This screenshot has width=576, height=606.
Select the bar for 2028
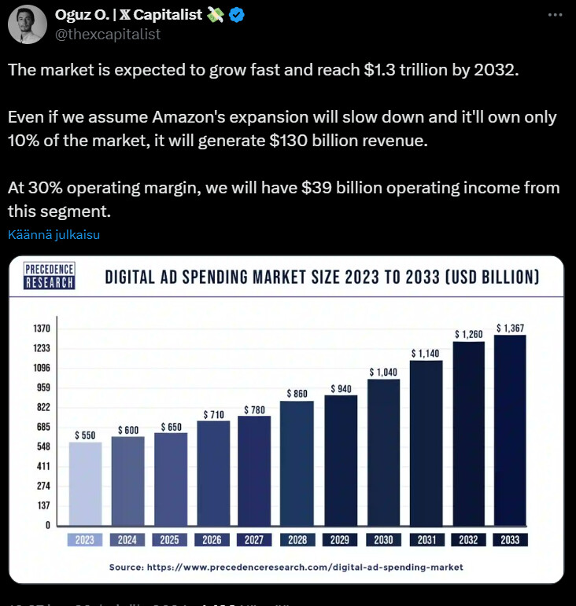click(297, 463)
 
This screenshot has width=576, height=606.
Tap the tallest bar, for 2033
click(510, 430)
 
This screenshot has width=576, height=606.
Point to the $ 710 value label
click(213, 414)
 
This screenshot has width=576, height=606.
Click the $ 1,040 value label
click(384, 372)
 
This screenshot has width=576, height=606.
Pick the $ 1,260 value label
click(467, 334)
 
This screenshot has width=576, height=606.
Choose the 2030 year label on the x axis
click(383, 540)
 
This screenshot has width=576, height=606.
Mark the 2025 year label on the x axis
click(170, 540)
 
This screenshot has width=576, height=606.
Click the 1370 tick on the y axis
click(41, 329)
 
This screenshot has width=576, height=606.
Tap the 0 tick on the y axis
click(48, 525)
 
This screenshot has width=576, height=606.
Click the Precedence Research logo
click(50, 276)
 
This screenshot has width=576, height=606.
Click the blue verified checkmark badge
click(238, 15)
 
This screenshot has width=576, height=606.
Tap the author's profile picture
click(27, 24)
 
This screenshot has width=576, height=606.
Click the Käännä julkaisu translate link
click(54, 234)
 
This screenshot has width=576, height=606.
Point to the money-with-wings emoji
click(215, 15)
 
